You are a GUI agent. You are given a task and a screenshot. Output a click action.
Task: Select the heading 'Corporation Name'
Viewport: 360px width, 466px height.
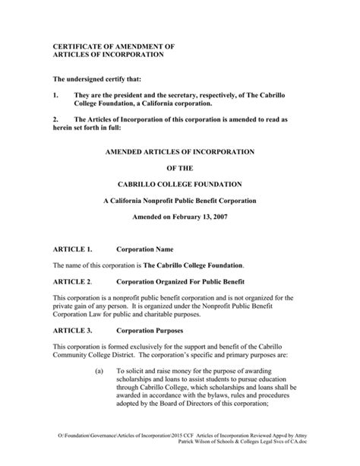(x=144, y=249)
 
